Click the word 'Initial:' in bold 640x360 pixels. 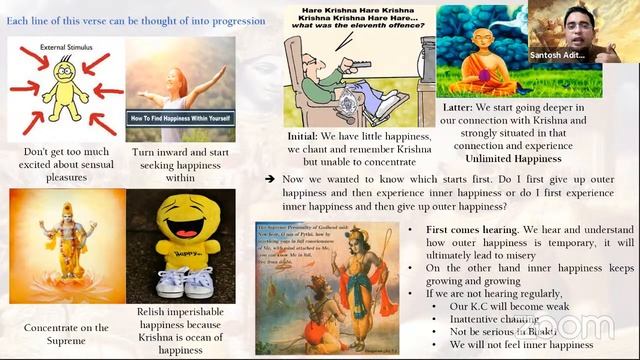pyautogui.click(x=307, y=135)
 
